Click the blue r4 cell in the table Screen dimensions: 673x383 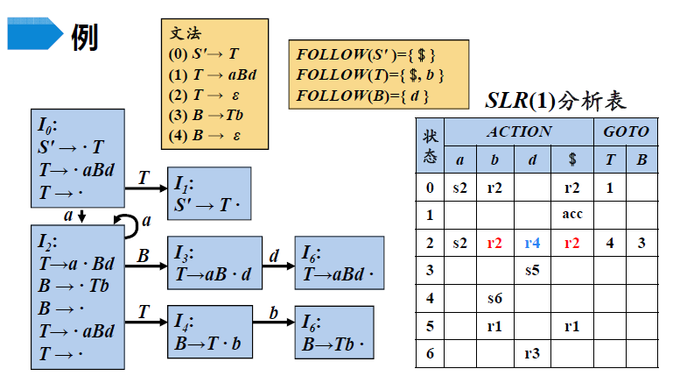[x=532, y=244]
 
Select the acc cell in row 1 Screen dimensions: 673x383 [x=572, y=214]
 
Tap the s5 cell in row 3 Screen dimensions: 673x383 [x=532, y=272]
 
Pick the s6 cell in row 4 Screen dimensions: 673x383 [x=494, y=299]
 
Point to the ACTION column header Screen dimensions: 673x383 [x=518, y=132]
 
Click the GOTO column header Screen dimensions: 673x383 [x=626, y=132]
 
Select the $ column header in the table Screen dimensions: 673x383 [x=572, y=160]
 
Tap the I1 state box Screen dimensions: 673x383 [x=209, y=193]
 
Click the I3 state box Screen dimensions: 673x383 [x=214, y=263]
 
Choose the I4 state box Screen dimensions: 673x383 [x=208, y=332]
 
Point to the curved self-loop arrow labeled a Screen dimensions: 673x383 [x=130, y=224]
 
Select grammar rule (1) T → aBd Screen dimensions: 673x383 [x=218, y=74]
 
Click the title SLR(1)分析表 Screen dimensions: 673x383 [x=555, y=100]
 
